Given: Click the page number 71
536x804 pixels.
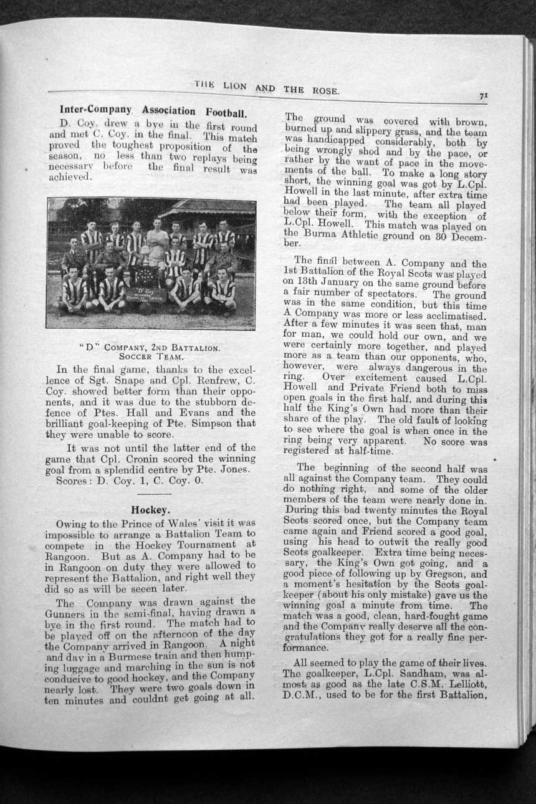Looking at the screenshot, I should tap(483, 96).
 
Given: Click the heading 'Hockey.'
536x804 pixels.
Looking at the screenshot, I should tap(147, 510).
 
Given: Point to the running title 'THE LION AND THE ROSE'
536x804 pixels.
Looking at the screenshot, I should tap(267, 88).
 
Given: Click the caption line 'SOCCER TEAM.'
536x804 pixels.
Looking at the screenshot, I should tap(148, 357).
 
